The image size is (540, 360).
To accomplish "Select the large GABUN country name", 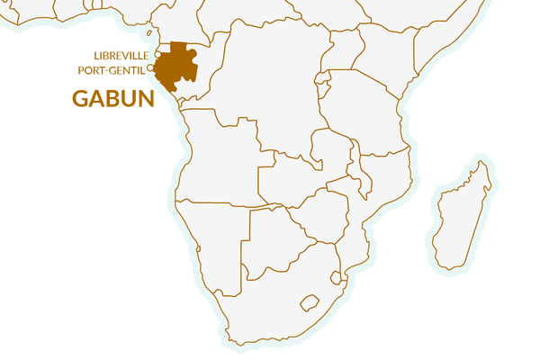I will point(113,98).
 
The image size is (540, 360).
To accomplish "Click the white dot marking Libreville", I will point(157,55).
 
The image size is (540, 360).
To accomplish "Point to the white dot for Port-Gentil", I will point(151,68).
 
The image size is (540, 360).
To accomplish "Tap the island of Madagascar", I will point(462,211).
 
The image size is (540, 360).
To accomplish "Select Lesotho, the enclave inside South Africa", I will point(310,302).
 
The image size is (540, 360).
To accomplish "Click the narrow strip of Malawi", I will point(363,175).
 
